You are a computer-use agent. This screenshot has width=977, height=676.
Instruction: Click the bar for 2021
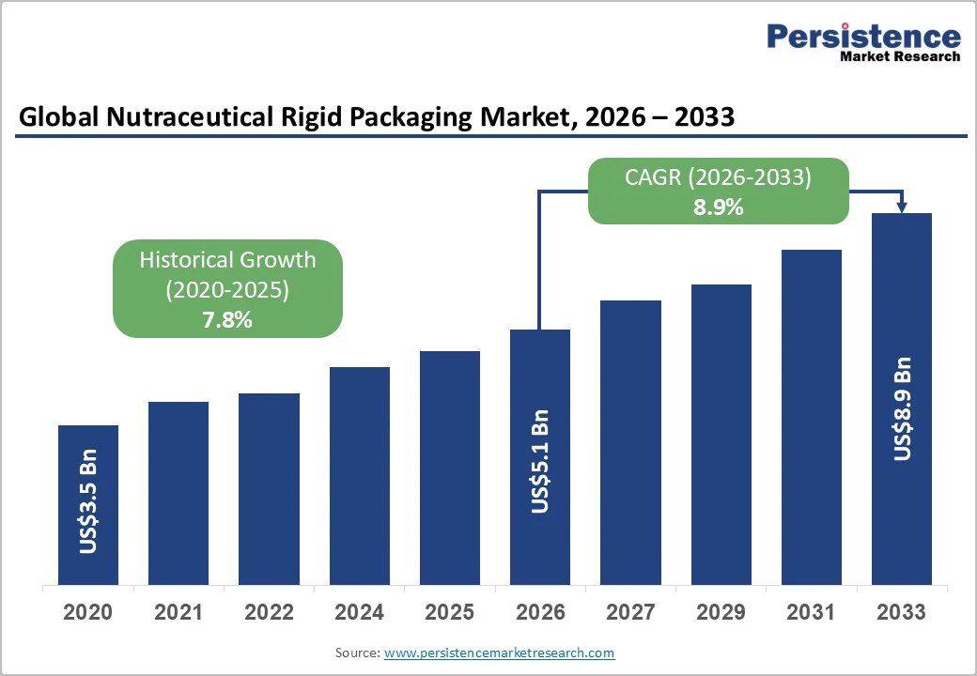coord(178,493)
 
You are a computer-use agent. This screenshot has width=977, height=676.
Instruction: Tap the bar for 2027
coord(630,442)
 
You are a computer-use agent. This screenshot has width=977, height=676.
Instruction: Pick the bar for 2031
coord(811,417)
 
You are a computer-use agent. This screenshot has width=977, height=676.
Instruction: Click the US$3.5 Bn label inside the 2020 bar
coord(88,506)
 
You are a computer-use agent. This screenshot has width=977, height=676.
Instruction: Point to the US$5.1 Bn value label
coord(540,461)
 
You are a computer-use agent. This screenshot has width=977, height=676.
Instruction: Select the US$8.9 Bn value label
coord(902,408)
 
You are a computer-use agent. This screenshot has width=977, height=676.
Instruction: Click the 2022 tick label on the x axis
coord(269,612)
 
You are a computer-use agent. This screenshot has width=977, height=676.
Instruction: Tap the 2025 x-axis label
coord(449,612)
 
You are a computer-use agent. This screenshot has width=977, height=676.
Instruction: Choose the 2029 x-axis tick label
coord(721,612)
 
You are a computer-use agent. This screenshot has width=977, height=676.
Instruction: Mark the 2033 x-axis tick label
coord(901,612)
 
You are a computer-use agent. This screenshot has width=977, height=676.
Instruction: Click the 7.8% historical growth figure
coord(227,320)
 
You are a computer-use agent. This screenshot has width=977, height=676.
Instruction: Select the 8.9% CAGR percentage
coord(719,207)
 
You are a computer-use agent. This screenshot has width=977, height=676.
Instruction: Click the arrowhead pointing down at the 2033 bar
coord(902,207)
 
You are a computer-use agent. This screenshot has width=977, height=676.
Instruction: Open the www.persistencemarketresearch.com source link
coord(499,653)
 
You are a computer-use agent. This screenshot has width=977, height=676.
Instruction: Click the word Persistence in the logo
coord(863,37)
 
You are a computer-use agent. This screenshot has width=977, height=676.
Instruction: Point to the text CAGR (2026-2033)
coord(719,177)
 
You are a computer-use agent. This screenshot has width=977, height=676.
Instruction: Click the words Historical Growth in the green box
coord(227,260)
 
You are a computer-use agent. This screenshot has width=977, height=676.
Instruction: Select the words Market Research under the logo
coord(900,56)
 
